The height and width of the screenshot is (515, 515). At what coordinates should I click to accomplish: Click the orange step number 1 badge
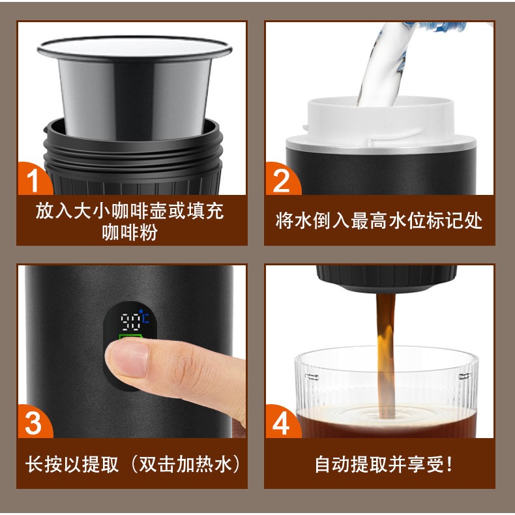pyautogui.click(x=33, y=179)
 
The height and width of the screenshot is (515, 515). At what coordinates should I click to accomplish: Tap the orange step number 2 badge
pyautogui.click(x=282, y=179)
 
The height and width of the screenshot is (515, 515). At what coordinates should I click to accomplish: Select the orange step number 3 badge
pyautogui.click(x=33, y=422)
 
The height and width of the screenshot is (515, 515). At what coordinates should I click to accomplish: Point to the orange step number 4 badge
pyautogui.click(x=282, y=422)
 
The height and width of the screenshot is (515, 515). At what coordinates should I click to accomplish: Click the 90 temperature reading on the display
pyautogui.click(x=131, y=322)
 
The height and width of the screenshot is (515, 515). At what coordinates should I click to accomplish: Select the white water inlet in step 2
pyautogui.click(x=381, y=121)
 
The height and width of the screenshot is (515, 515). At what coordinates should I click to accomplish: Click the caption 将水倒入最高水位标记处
pyautogui.click(x=379, y=220)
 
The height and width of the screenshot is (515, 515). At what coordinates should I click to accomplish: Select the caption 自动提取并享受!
pyautogui.click(x=383, y=463)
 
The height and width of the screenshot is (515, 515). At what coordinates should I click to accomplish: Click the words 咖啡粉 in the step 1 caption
pyautogui.click(x=130, y=232)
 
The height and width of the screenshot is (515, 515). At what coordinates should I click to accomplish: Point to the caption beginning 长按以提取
pyautogui.click(x=133, y=463)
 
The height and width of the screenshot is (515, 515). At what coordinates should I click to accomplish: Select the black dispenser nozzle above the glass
pyautogui.click(x=386, y=278)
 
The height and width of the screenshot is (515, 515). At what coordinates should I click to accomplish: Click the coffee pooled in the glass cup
pyautogui.click(x=386, y=422)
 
